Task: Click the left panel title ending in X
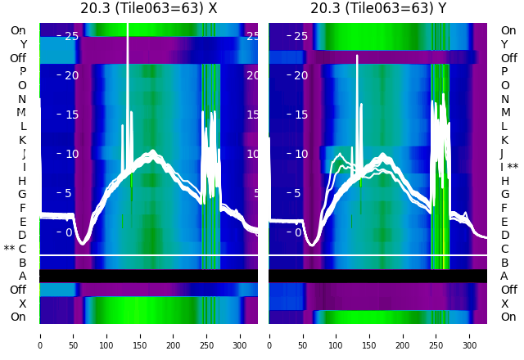148,9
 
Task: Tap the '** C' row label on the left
15,249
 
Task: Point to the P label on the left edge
22,71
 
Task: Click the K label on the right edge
504,140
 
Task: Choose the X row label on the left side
22,304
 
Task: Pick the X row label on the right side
504,304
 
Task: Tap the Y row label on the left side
23,44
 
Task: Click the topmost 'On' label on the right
508,30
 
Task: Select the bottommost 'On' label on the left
18,317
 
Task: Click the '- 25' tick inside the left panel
70,36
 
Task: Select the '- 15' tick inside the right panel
299,115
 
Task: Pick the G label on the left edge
22,194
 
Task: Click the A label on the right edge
504,276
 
